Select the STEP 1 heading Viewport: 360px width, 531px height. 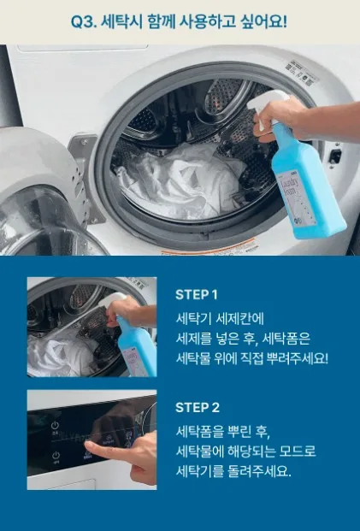[197, 295]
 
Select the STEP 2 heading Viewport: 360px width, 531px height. [198, 407]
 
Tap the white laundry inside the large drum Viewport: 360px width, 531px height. [180, 180]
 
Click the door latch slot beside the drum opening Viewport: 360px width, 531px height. [335, 156]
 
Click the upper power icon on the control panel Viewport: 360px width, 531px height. [55, 425]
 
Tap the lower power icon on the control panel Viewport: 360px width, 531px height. [56, 455]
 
